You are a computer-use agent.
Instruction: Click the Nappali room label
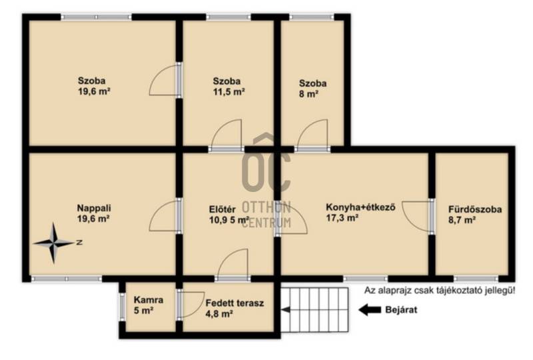point(94,208)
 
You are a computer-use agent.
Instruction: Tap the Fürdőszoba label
point(475,209)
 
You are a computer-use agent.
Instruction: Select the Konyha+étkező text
point(360,207)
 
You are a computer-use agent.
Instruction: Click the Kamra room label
point(149,300)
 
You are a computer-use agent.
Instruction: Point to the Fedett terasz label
point(235,303)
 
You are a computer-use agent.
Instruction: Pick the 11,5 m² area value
point(229,92)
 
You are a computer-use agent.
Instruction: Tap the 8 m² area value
point(308,94)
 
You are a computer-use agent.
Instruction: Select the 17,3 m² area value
point(342,218)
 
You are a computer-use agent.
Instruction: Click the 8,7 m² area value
point(462,220)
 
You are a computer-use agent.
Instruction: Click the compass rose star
point(53,243)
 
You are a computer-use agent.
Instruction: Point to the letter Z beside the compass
point(79,243)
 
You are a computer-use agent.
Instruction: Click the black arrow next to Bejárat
point(370,309)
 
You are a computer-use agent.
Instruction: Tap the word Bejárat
point(401,310)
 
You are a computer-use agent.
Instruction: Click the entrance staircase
point(314,309)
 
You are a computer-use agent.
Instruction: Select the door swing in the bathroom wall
point(417,217)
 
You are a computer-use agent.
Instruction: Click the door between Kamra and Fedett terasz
point(191,304)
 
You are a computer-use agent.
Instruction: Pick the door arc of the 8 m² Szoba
point(312,135)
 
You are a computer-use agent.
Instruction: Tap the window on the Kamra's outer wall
point(122,307)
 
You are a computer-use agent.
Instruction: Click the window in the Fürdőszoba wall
point(476,279)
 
